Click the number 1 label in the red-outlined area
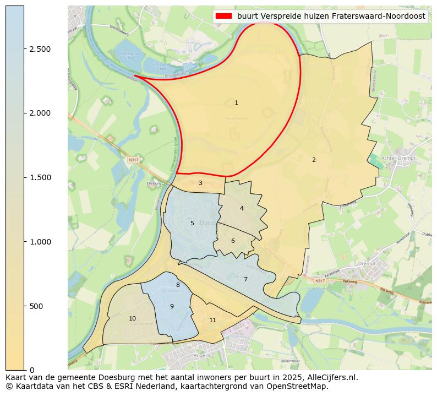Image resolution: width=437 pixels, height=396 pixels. pos(236,103)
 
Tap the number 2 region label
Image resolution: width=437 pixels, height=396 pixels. pos(314,160)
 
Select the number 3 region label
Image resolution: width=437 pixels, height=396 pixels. pos(200,183)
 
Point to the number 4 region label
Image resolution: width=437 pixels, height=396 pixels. pos(242,209)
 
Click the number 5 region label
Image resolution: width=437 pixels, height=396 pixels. pos(192,224)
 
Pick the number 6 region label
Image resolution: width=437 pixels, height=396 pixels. pos(233,241)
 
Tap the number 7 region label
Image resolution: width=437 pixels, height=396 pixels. pos(245,280)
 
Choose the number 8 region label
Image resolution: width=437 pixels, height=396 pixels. pos(178,285)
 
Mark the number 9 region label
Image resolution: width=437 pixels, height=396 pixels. pos(172,307)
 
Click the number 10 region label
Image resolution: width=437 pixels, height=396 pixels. pos(132,319)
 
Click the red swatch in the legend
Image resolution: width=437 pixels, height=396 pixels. pos(224,17)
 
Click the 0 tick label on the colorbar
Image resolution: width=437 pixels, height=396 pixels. pos(32,370)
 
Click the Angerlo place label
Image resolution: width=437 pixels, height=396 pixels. pos(190,356)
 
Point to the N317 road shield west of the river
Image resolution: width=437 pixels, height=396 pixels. pos(133,160)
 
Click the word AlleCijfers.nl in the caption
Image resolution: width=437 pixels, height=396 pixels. pos(329,378)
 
